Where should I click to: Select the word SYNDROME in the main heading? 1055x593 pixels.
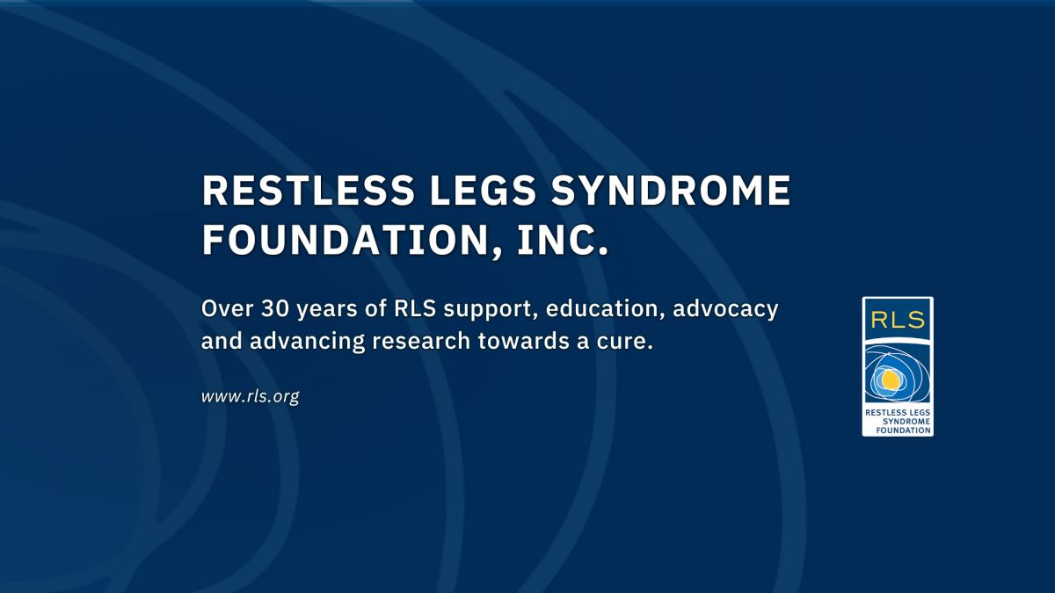coord(671,191)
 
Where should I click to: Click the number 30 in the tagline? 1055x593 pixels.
coord(274,308)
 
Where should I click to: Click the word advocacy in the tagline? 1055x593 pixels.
coord(725,311)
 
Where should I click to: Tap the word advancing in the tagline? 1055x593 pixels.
coord(307,342)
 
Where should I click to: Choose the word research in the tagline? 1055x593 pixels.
coord(421,341)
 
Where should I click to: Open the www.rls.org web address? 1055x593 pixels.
coord(250,396)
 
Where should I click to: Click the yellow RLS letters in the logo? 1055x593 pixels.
coord(898,320)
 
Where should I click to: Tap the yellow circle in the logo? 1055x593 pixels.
coord(890,380)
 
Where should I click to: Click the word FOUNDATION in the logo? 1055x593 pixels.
coord(904,430)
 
